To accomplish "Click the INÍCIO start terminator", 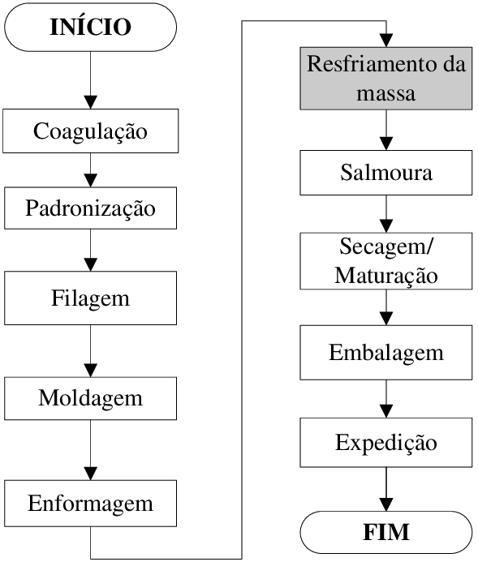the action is pos(91,27).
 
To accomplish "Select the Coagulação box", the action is pos(91,131).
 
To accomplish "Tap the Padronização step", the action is pos(91,208).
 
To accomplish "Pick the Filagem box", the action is pos(91,298).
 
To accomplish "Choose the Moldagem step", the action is pos(91,398).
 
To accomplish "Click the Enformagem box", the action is pos(91,504).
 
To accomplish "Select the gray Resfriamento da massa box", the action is pos(386,79).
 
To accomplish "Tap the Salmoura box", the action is pos(386,173).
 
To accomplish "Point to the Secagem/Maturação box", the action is pos(386,260).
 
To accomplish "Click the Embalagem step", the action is pos(386,352).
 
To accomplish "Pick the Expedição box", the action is pos(386,443).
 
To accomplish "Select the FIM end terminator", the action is pos(386,532).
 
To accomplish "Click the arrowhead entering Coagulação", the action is pos(91,102).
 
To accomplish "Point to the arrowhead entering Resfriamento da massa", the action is pos(386,41).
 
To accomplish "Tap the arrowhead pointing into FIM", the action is pos(386,504).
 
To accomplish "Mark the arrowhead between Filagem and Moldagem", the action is pos(91,371).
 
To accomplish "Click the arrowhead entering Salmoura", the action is pos(386,144).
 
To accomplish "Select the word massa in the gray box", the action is pos(386,93).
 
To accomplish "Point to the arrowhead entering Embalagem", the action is pos(386,319).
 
